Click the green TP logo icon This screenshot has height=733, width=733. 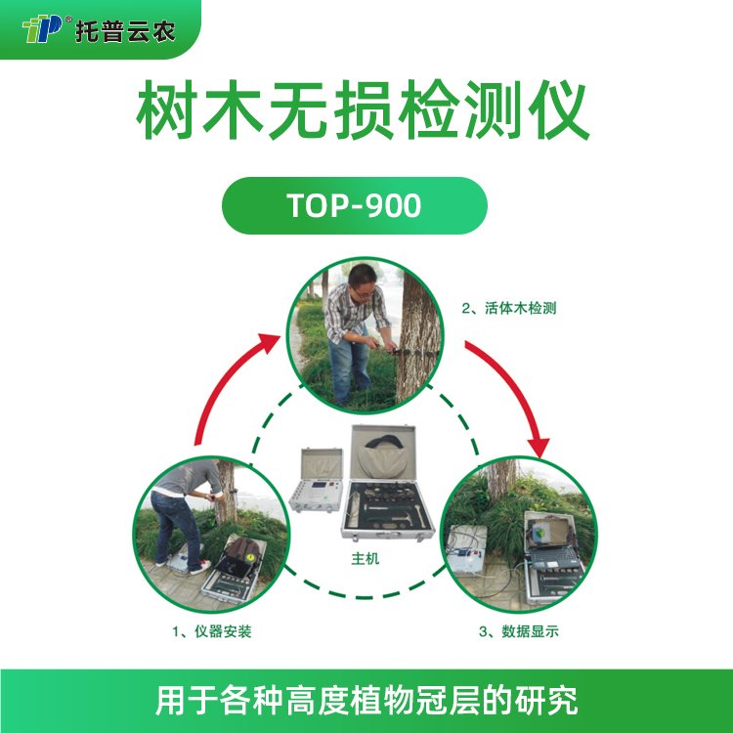tap(42, 28)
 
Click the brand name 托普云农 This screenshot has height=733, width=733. tap(125, 32)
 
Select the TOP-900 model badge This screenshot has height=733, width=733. tap(355, 205)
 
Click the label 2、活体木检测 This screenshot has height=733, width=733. tap(509, 309)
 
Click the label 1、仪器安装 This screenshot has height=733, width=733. tap(212, 631)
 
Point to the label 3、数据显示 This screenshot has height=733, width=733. tap(518, 631)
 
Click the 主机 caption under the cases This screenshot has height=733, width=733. tap(366, 558)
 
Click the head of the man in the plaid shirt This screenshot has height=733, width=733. tap(363, 280)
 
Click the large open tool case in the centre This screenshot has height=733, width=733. tap(388, 483)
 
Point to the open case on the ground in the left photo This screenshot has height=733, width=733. tap(234, 571)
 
